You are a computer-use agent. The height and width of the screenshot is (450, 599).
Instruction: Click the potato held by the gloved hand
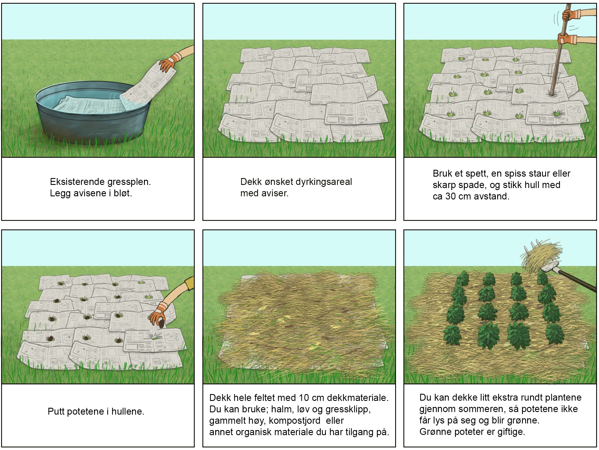coord(161,324)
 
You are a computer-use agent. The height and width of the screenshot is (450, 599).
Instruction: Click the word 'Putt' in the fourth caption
coord(56,411)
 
